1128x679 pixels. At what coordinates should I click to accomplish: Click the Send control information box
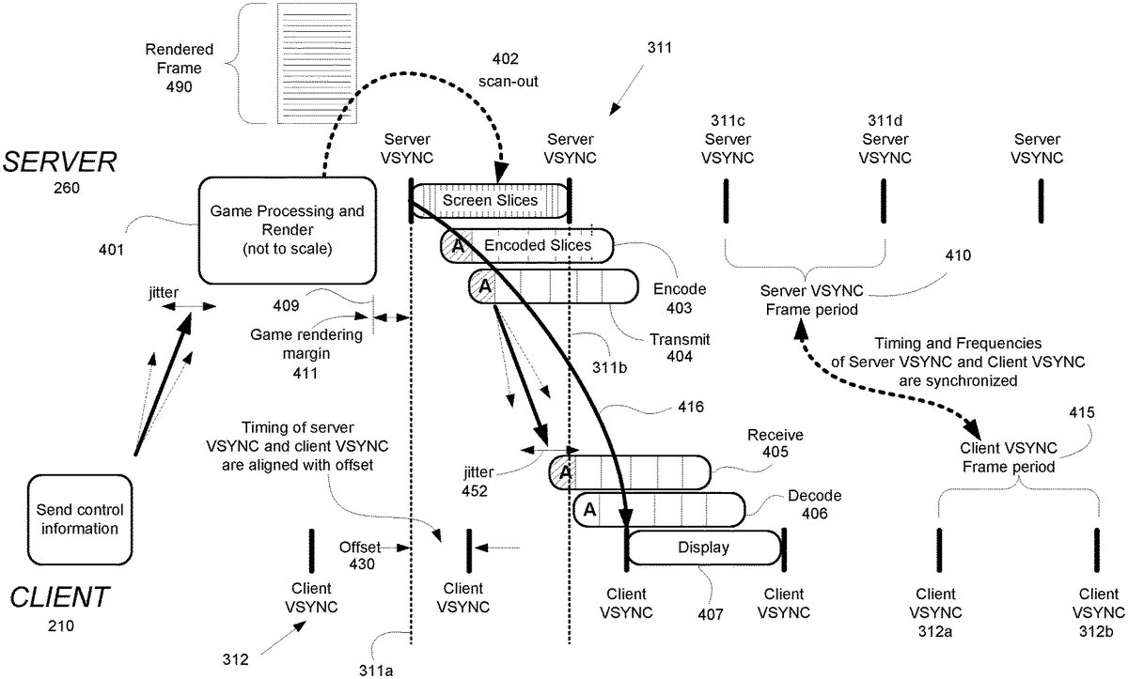pos(76,518)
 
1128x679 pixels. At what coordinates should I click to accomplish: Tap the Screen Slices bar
pos(490,200)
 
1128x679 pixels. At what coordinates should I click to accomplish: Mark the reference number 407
pos(711,615)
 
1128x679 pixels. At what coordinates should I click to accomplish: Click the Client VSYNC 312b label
pos(1099,610)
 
